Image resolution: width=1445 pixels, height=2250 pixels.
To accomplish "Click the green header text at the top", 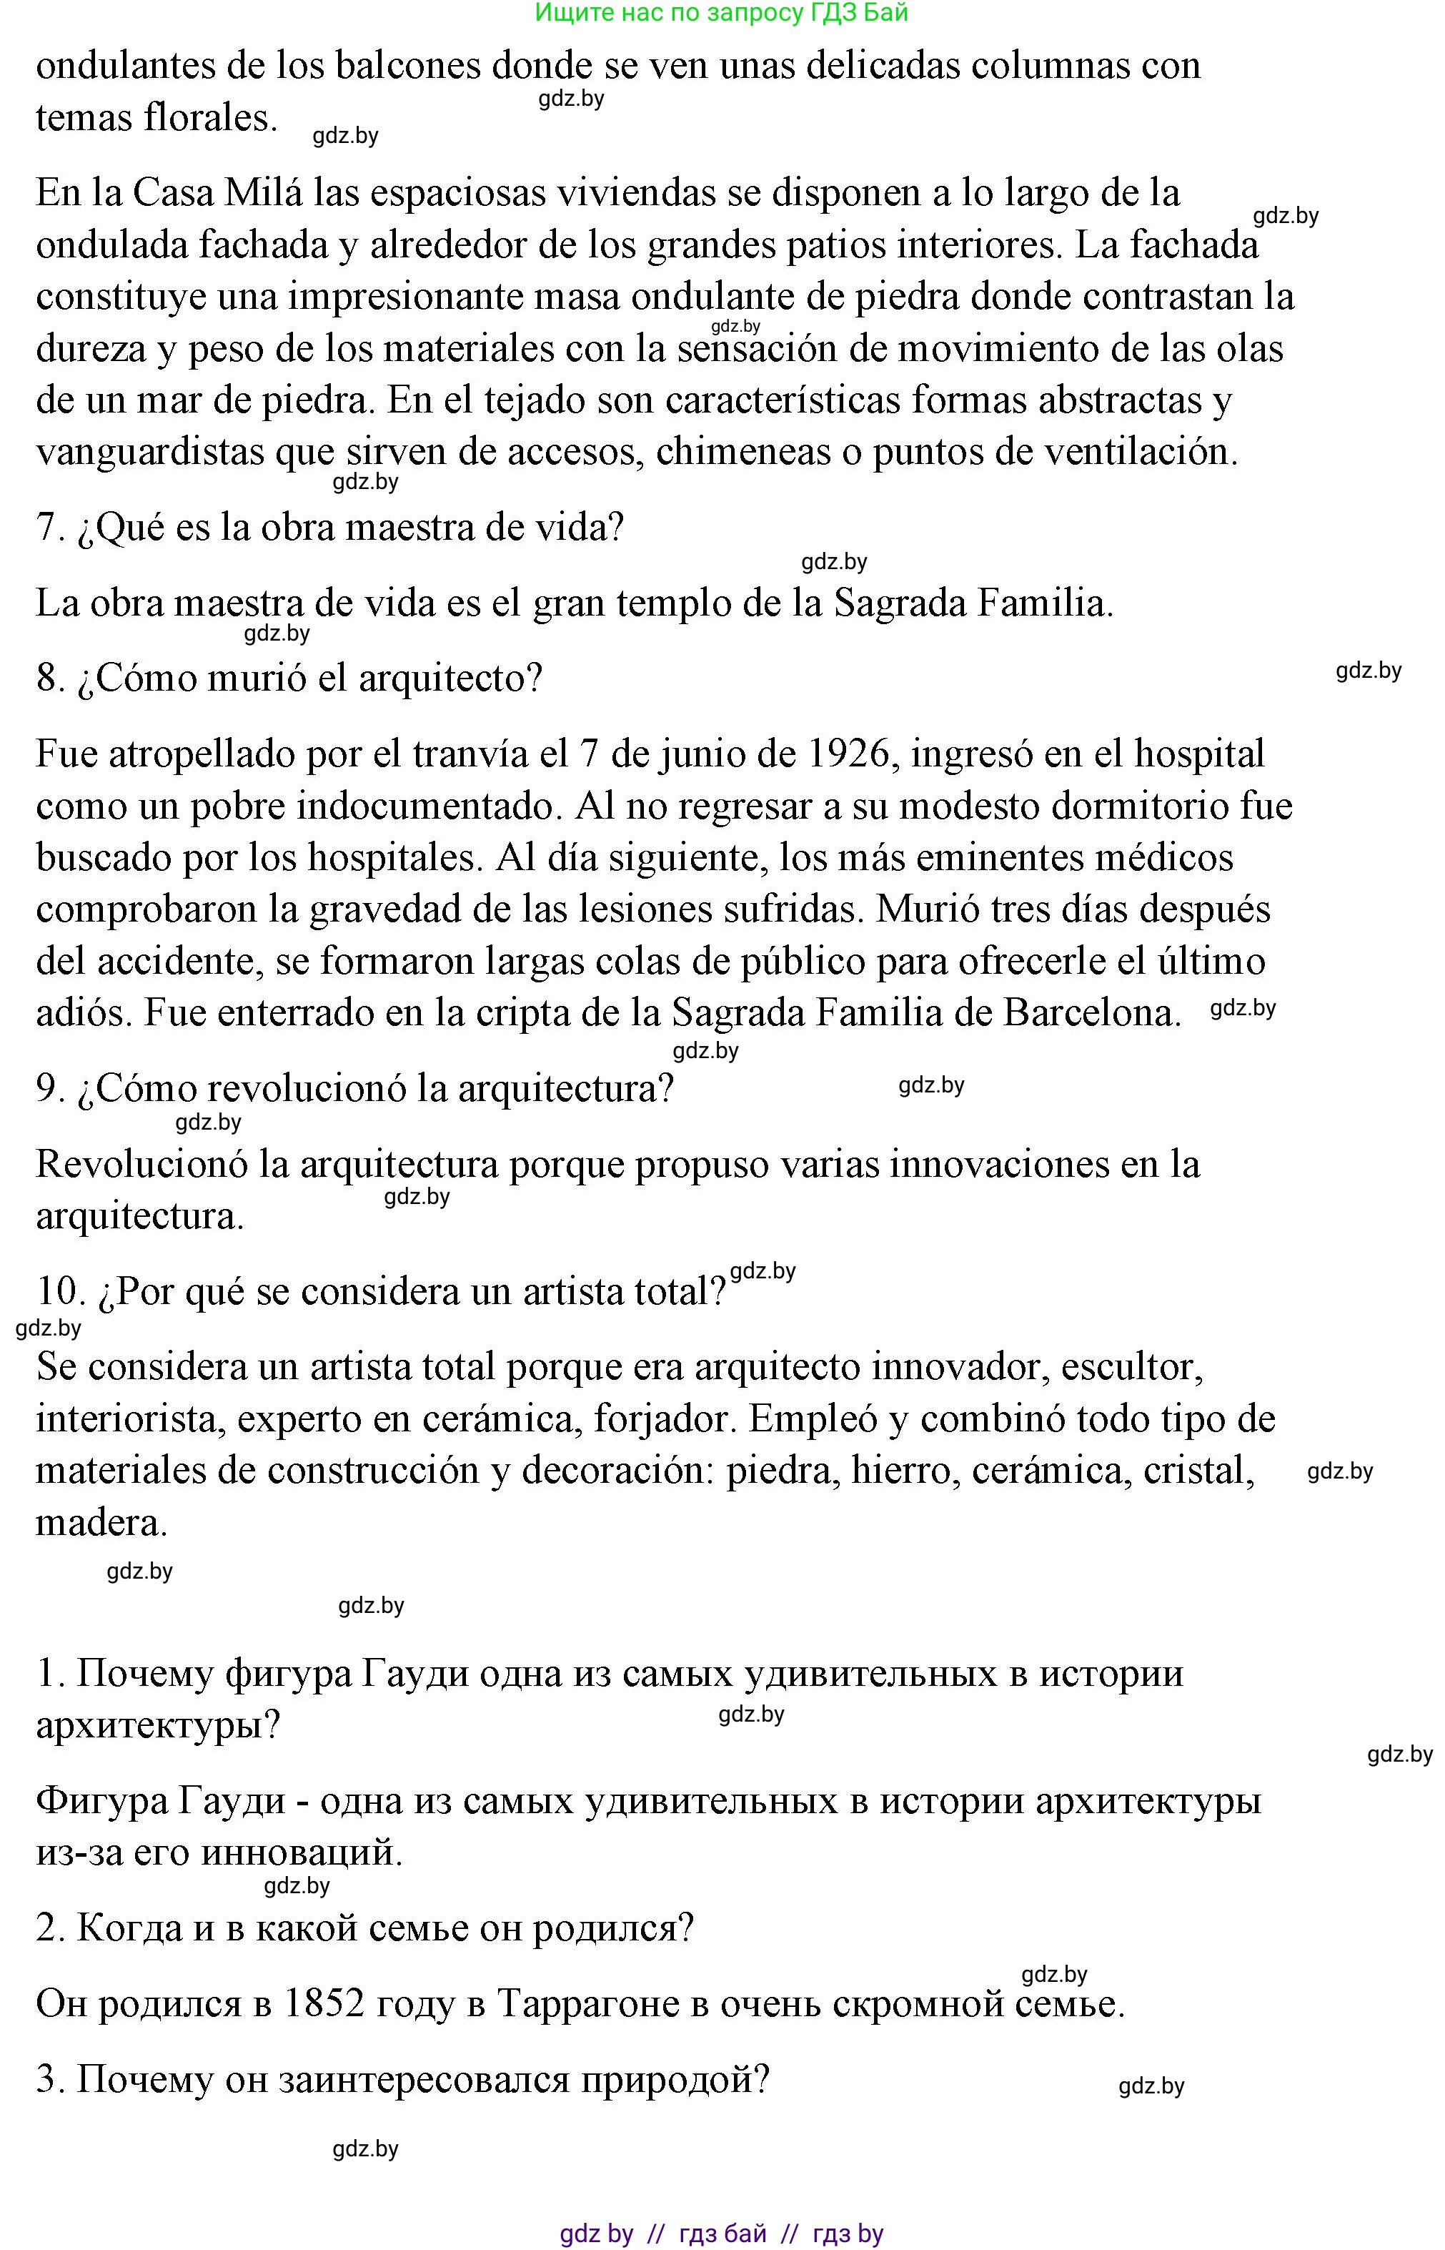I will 720,13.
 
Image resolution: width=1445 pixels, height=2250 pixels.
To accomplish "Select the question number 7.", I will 49,528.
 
